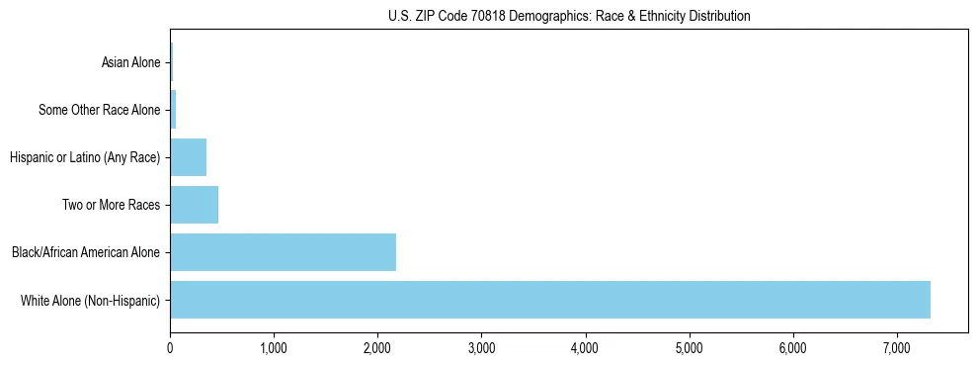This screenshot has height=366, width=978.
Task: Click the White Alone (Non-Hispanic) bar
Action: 549,300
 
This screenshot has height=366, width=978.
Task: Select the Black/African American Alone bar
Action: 283,252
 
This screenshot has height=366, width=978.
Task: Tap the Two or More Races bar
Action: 194,205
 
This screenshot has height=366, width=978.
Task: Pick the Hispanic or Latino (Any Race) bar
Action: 188,157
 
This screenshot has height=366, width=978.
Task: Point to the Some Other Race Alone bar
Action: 173,110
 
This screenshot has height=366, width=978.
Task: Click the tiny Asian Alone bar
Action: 171,62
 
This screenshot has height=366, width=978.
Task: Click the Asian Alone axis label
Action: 130,62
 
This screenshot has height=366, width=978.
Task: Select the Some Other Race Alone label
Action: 99,110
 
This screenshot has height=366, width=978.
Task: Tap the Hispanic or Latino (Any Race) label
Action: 84,157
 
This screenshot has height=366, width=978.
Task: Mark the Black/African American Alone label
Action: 85,252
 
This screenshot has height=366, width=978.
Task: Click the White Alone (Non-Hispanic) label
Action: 90,300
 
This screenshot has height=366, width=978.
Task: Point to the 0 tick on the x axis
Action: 170,348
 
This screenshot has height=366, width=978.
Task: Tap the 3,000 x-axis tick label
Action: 481,348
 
